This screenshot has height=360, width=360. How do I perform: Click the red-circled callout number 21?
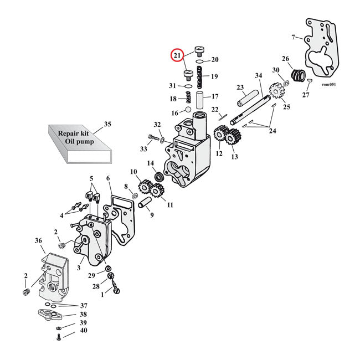pyautogui.click(x=177, y=55)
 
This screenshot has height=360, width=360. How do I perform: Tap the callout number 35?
pyautogui.click(x=107, y=124)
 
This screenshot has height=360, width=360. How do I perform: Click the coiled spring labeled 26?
pyautogui.click(x=299, y=74)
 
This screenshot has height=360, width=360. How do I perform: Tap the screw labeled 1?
pyautogui.click(x=115, y=287)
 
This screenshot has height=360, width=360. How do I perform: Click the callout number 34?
pyautogui.click(x=258, y=76)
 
